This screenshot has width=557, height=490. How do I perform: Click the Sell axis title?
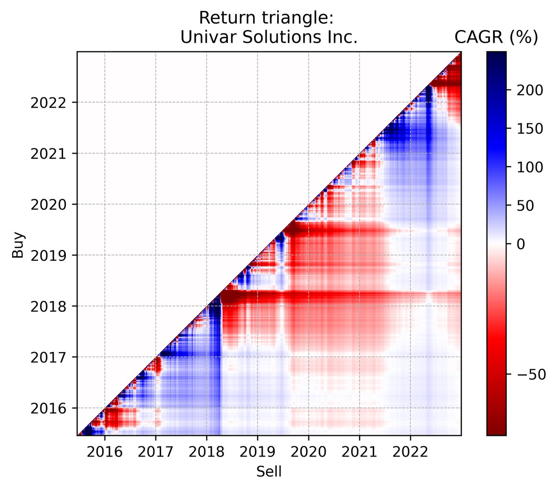tap(269, 472)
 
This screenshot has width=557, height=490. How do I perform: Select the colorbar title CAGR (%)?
tap(496, 37)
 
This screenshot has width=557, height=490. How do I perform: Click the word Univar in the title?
tap(199, 37)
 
